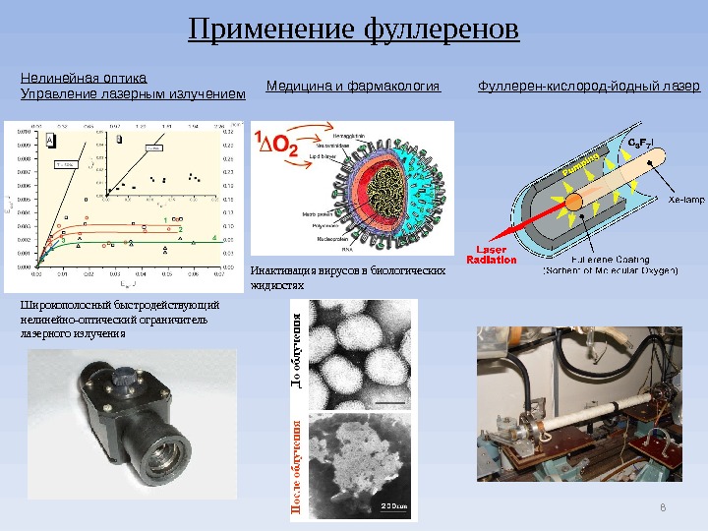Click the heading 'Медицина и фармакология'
tap(353, 87)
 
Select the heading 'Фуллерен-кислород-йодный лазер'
tap(588, 87)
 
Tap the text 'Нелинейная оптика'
tap(83, 76)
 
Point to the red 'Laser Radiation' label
tap(492, 254)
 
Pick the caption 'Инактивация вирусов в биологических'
tap(348, 269)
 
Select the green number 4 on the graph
tap(213, 238)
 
